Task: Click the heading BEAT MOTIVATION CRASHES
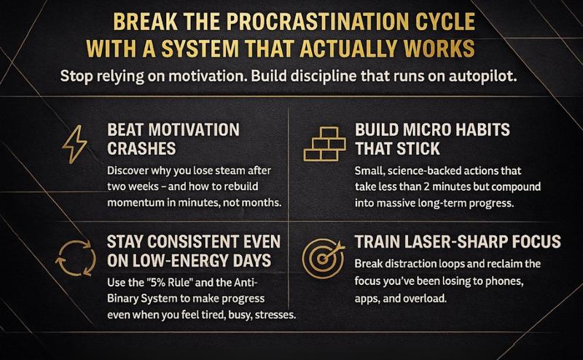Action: click(x=173, y=138)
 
